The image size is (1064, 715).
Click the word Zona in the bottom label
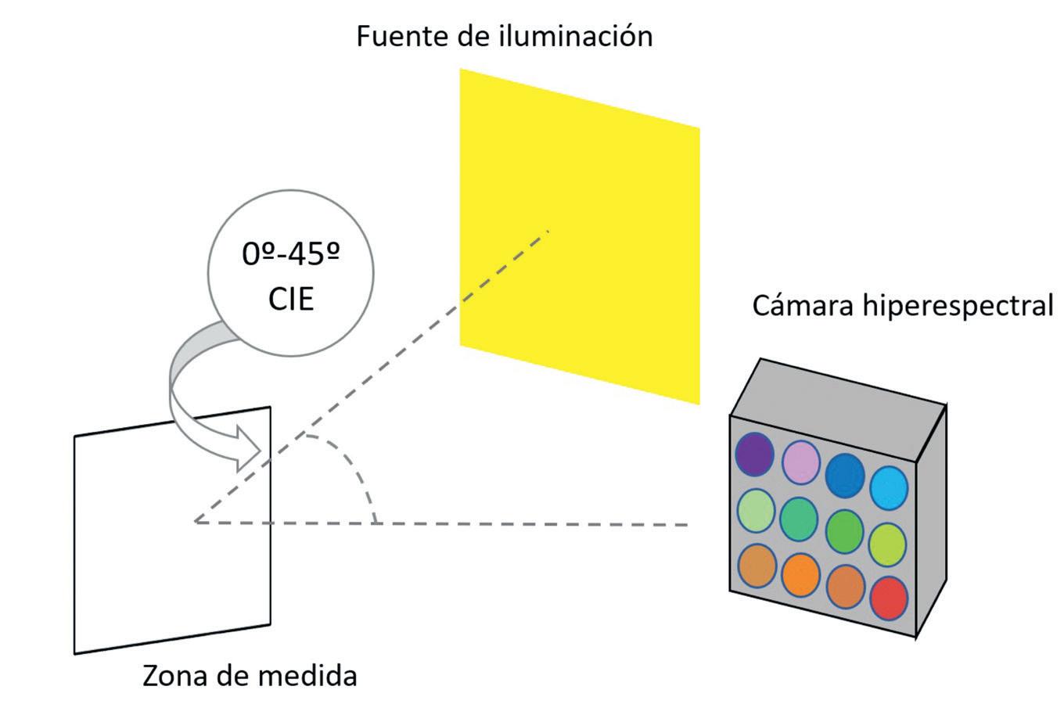172,675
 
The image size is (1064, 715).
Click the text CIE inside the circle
290,300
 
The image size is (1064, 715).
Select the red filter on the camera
889,598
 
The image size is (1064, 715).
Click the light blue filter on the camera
889,487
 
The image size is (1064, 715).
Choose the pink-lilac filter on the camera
800,462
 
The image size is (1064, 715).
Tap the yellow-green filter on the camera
887,544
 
